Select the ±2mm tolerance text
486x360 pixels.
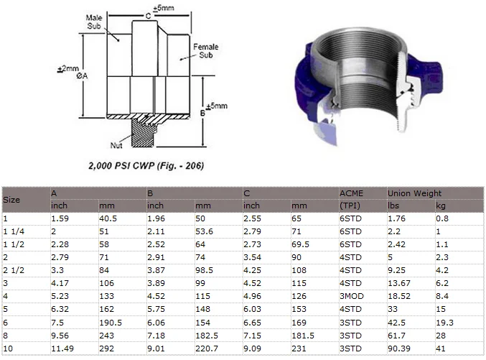click(x=67, y=69)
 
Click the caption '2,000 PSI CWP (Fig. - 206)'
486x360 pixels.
click(x=146, y=166)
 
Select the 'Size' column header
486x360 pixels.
click(x=11, y=199)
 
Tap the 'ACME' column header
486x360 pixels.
click(x=351, y=193)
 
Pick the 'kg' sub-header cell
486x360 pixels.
click(x=440, y=206)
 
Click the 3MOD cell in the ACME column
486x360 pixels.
click(x=352, y=297)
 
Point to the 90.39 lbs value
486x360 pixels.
click(x=400, y=349)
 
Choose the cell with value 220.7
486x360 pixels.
click(x=207, y=349)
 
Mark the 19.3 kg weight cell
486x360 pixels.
click(x=444, y=323)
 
